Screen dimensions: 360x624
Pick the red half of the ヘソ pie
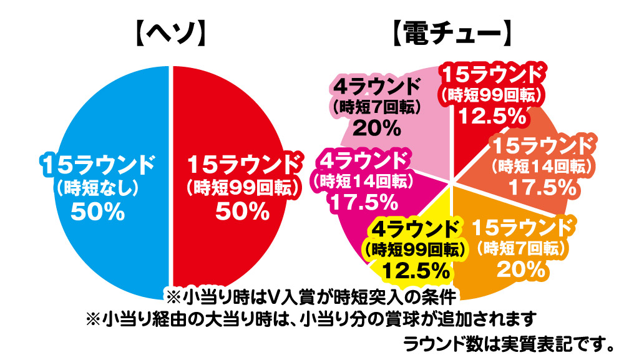coord(243,112)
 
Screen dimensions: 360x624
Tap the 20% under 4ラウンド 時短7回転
coord(376,129)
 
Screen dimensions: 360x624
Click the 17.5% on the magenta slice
coord(363,202)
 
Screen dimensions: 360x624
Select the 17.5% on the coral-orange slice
coord(541,186)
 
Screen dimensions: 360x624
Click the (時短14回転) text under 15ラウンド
coord(541,167)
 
